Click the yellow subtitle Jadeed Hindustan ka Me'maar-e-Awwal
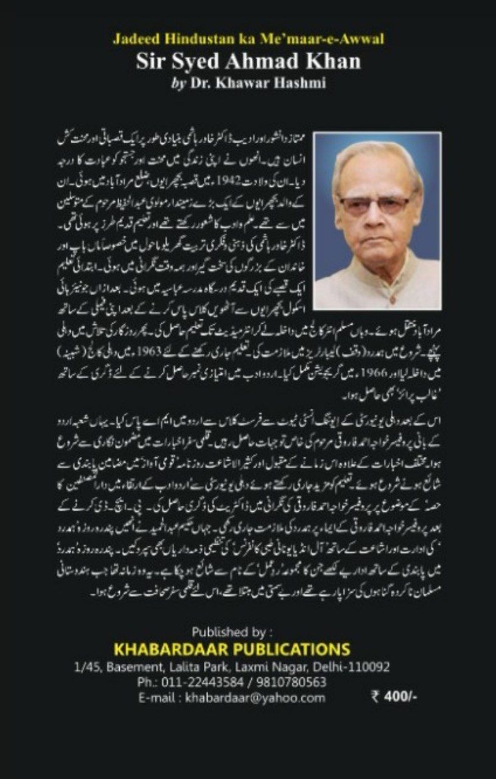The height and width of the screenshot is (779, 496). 248,40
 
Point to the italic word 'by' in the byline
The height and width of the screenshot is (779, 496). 179,83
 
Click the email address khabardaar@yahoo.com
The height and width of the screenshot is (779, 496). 255,697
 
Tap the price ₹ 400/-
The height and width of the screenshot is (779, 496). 394,697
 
